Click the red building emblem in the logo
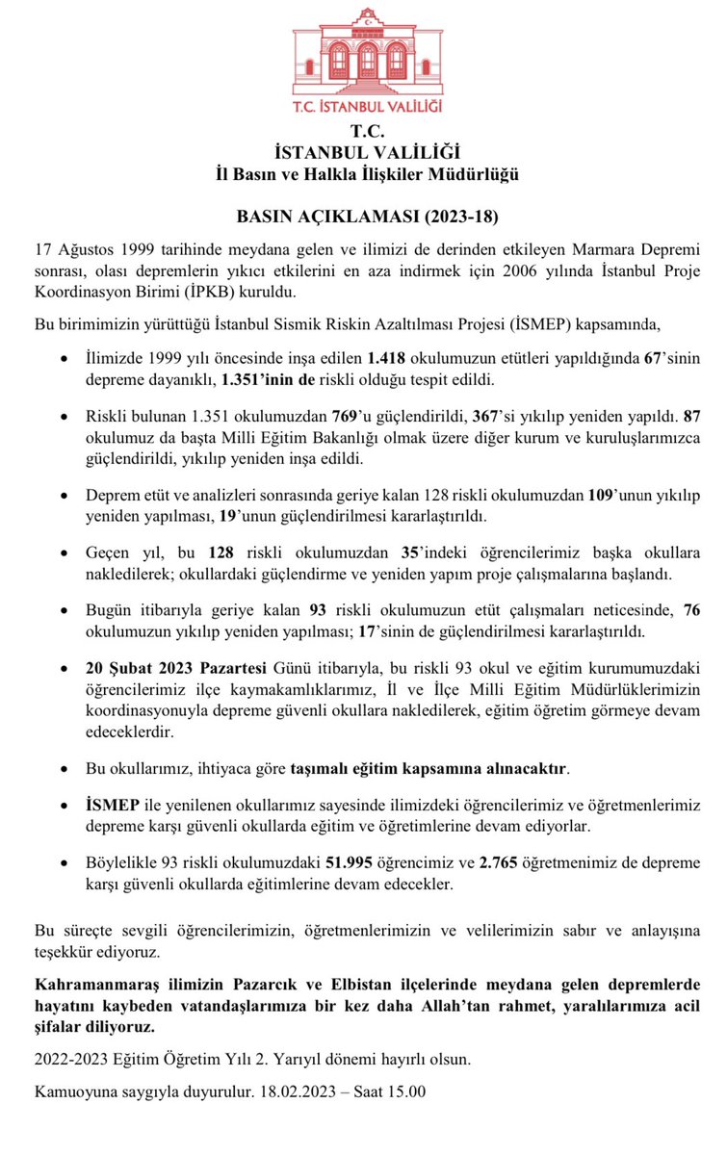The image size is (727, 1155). point(367,52)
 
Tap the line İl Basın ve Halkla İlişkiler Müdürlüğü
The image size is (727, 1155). point(368,174)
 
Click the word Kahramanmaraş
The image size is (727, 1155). point(93,987)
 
